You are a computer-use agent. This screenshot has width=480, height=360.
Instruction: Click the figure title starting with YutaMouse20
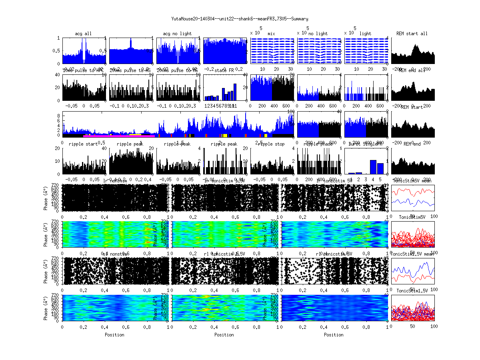pyautogui.click(x=240, y=19)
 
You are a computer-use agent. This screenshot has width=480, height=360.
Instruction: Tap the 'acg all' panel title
pyautogui.click(x=83, y=34)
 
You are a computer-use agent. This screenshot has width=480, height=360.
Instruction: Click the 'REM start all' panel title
pyautogui.click(x=412, y=34)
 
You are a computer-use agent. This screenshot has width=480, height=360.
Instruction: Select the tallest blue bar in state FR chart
pyautogui.click(x=235, y=92)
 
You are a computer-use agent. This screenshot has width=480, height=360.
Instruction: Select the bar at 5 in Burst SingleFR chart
pyautogui.click(x=380, y=168)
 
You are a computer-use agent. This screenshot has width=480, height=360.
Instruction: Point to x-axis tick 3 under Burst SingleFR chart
pyautogui.click(x=366, y=180)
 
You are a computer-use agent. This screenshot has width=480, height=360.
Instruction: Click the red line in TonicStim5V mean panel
pyautogui.click(x=412, y=192)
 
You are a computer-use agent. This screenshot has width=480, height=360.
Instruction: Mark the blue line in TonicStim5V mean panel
pyautogui.click(x=412, y=202)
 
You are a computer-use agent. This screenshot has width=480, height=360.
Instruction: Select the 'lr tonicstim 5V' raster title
pyautogui.click(x=334, y=181)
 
